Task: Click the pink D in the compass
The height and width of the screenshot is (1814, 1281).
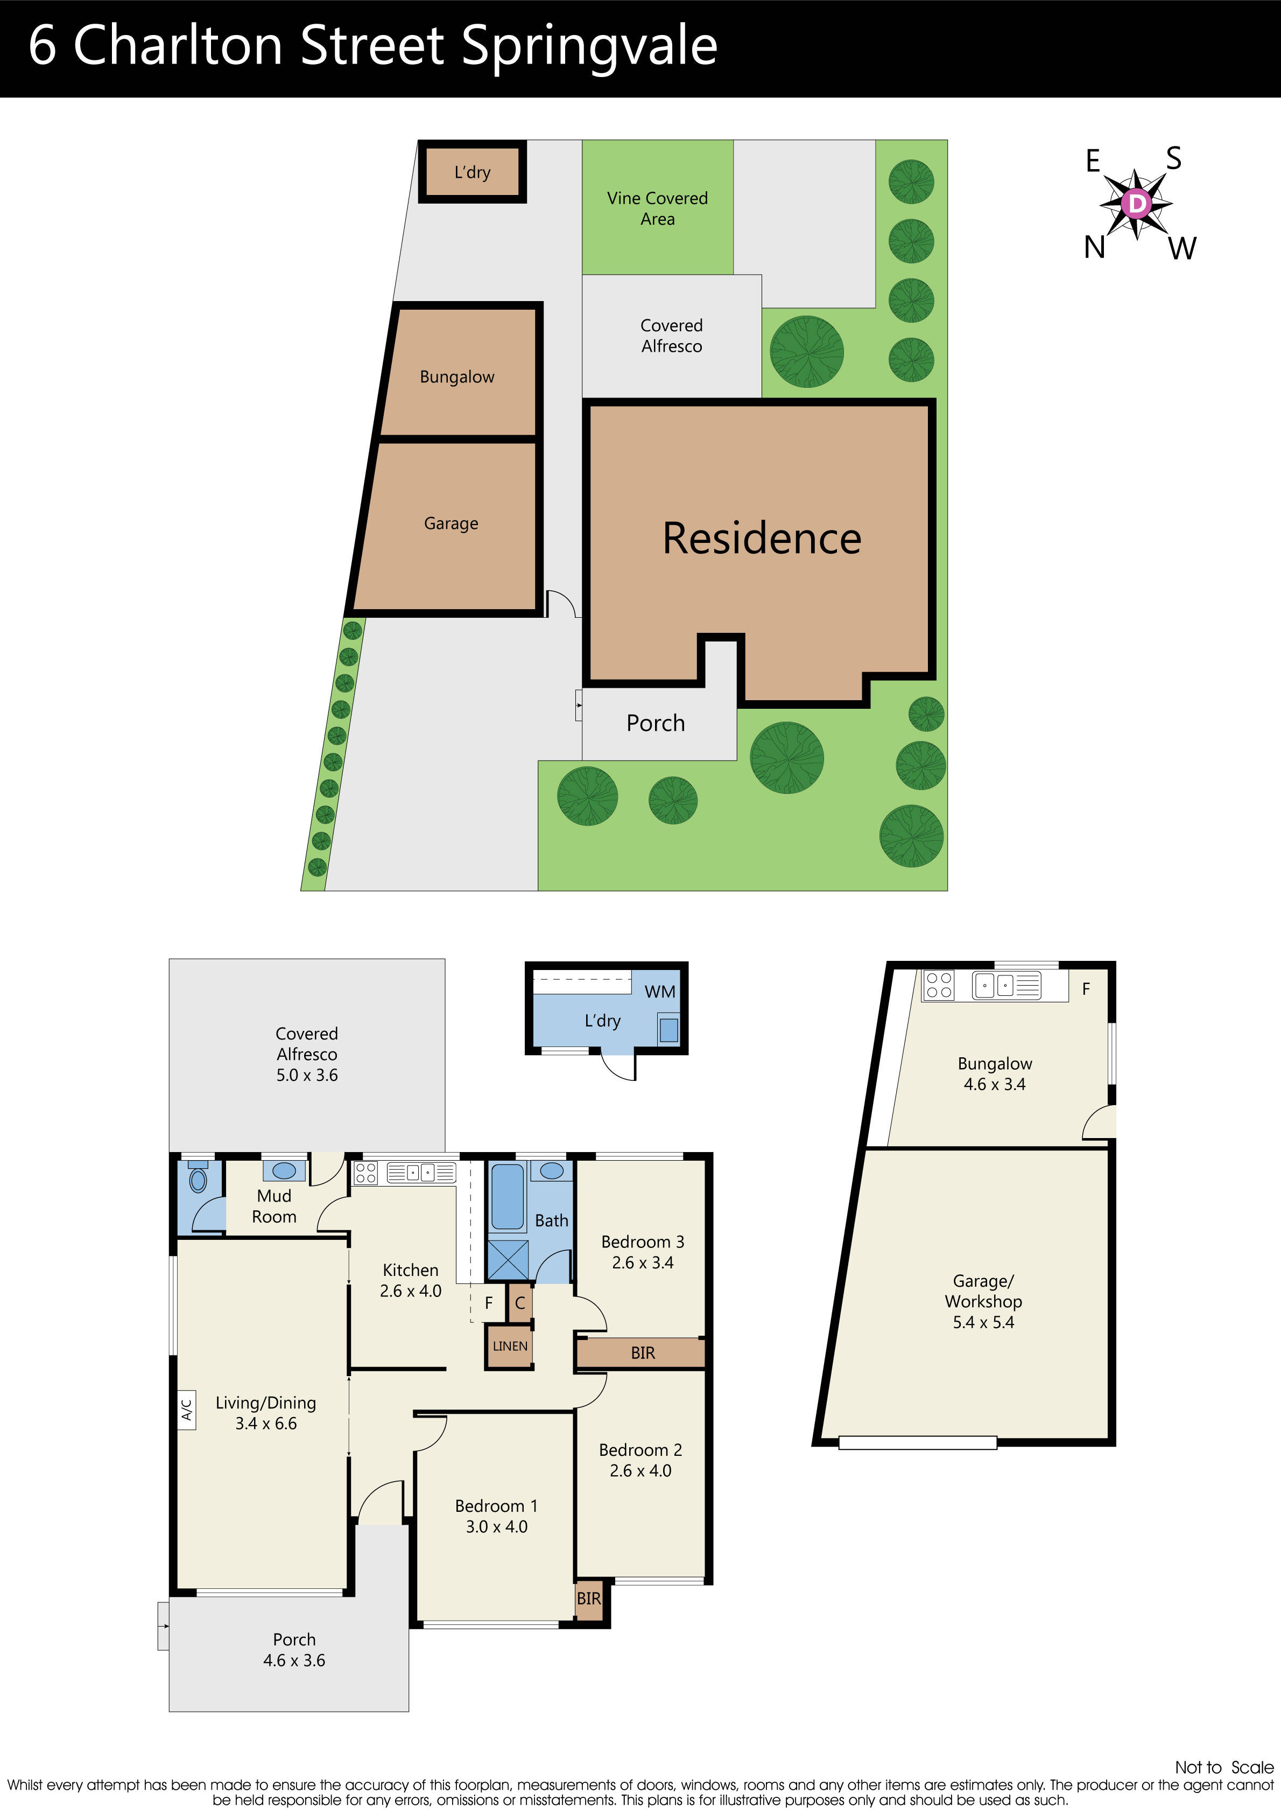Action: [1136, 204]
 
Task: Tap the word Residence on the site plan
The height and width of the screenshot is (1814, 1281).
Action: [762, 538]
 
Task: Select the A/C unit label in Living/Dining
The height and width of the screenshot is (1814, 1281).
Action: [186, 1410]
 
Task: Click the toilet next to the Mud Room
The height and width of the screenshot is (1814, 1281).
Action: [198, 1180]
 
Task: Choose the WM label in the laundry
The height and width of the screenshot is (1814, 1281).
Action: [659, 992]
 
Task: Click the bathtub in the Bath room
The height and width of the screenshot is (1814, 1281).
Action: [507, 1196]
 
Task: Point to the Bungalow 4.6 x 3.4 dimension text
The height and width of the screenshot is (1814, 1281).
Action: [994, 1084]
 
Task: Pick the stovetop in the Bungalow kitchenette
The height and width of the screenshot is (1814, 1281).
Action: [938, 985]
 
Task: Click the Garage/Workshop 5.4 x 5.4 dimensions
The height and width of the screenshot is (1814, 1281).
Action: [983, 1322]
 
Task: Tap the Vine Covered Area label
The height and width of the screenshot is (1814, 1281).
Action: [657, 208]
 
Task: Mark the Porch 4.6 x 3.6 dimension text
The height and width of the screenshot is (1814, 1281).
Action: [294, 1660]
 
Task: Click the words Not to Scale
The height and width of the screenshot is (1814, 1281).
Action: [1223, 1767]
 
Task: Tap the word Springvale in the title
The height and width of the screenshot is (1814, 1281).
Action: [589, 47]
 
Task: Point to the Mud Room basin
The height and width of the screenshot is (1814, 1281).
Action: [284, 1170]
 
